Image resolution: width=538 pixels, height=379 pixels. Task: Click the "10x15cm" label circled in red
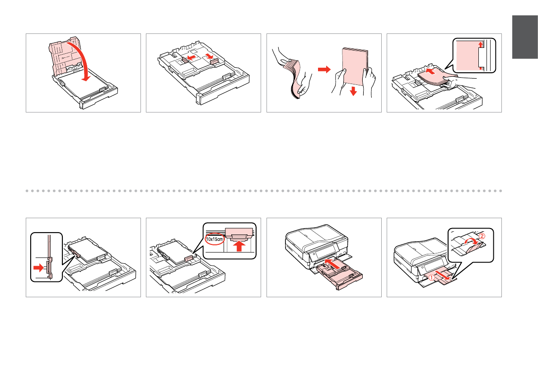click(214, 239)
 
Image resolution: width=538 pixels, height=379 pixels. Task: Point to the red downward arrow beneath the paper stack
click(353, 91)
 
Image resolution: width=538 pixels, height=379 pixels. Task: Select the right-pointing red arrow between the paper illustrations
click(324, 70)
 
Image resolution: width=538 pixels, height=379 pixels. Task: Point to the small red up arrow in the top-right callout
click(480, 44)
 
